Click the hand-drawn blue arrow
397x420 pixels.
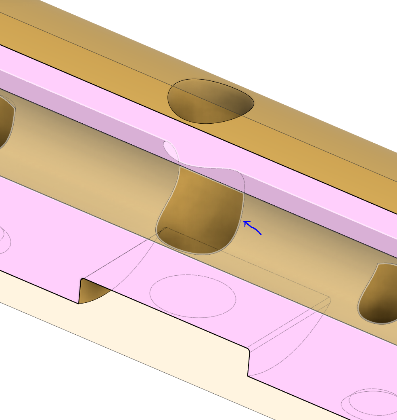click(253, 228)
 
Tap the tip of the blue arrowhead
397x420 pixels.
click(244, 221)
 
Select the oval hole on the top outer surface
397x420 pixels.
click(210, 101)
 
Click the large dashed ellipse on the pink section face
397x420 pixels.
click(192, 296)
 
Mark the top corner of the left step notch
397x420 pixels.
click(82, 279)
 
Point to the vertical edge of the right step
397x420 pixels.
click(249, 362)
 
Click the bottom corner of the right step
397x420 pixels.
click(248, 376)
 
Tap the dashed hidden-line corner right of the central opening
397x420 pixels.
click(330, 299)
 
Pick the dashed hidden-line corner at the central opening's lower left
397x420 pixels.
click(166, 228)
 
